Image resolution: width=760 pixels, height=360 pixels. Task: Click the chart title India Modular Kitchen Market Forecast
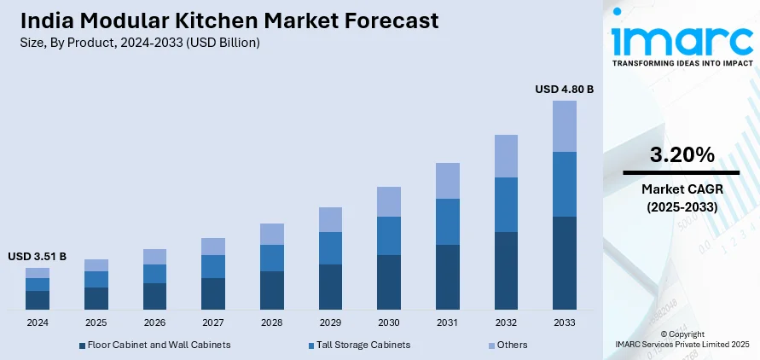tap(229, 20)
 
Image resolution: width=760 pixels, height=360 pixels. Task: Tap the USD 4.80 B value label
tap(564, 89)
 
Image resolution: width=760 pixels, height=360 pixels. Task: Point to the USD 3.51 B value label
tap(37, 256)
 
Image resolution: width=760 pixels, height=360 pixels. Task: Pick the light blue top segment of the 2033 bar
tap(564, 126)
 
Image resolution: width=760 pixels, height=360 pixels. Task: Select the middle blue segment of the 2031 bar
tap(447, 222)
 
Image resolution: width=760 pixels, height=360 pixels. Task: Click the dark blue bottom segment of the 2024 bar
tap(38, 299)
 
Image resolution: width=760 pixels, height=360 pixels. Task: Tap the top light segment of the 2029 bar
tap(330, 219)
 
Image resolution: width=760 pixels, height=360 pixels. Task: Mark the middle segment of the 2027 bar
tap(213, 266)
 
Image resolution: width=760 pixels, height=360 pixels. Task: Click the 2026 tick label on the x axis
tap(154, 323)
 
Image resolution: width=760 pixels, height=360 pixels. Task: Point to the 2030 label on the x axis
tap(388, 323)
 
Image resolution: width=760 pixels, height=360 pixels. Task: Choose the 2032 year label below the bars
tap(505, 323)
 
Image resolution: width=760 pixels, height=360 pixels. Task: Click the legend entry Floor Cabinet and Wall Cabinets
tap(154, 345)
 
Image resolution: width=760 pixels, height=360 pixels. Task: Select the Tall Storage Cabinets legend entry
tap(358, 345)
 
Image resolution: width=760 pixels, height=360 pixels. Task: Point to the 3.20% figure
tap(682, 154)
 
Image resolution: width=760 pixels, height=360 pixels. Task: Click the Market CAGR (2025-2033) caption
tap(682, 198)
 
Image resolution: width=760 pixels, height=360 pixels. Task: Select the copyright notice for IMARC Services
tap(682, 339)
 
